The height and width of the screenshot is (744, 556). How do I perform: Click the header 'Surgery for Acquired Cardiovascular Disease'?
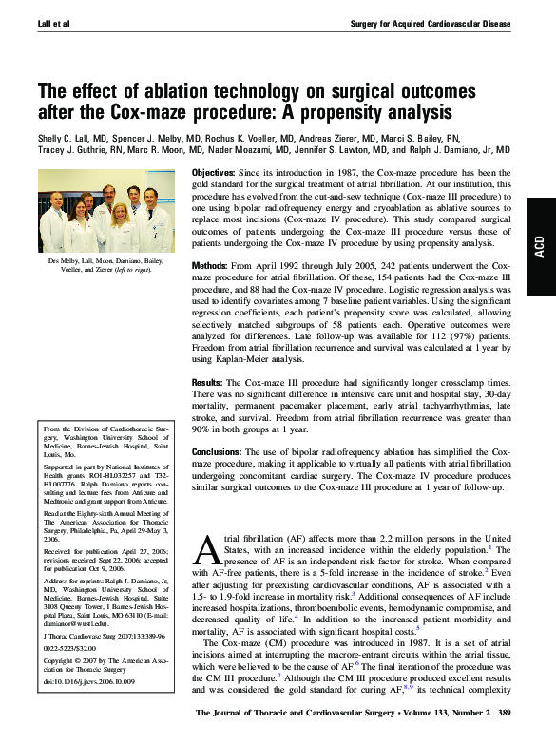[431, 20]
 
